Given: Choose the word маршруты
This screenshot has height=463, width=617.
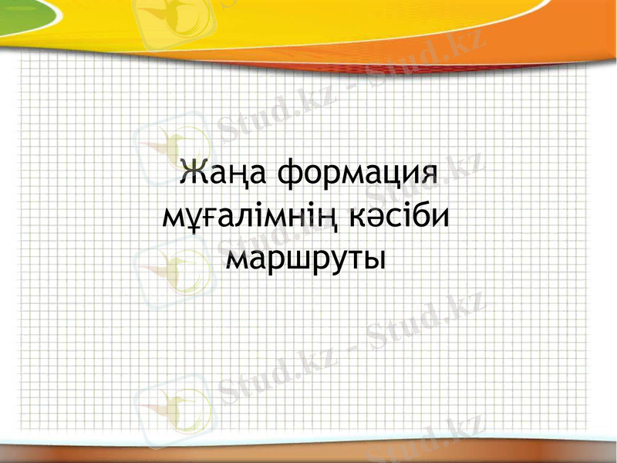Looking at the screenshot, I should click(306, 257).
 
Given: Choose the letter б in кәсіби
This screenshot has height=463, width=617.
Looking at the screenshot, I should click(420, 212).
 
